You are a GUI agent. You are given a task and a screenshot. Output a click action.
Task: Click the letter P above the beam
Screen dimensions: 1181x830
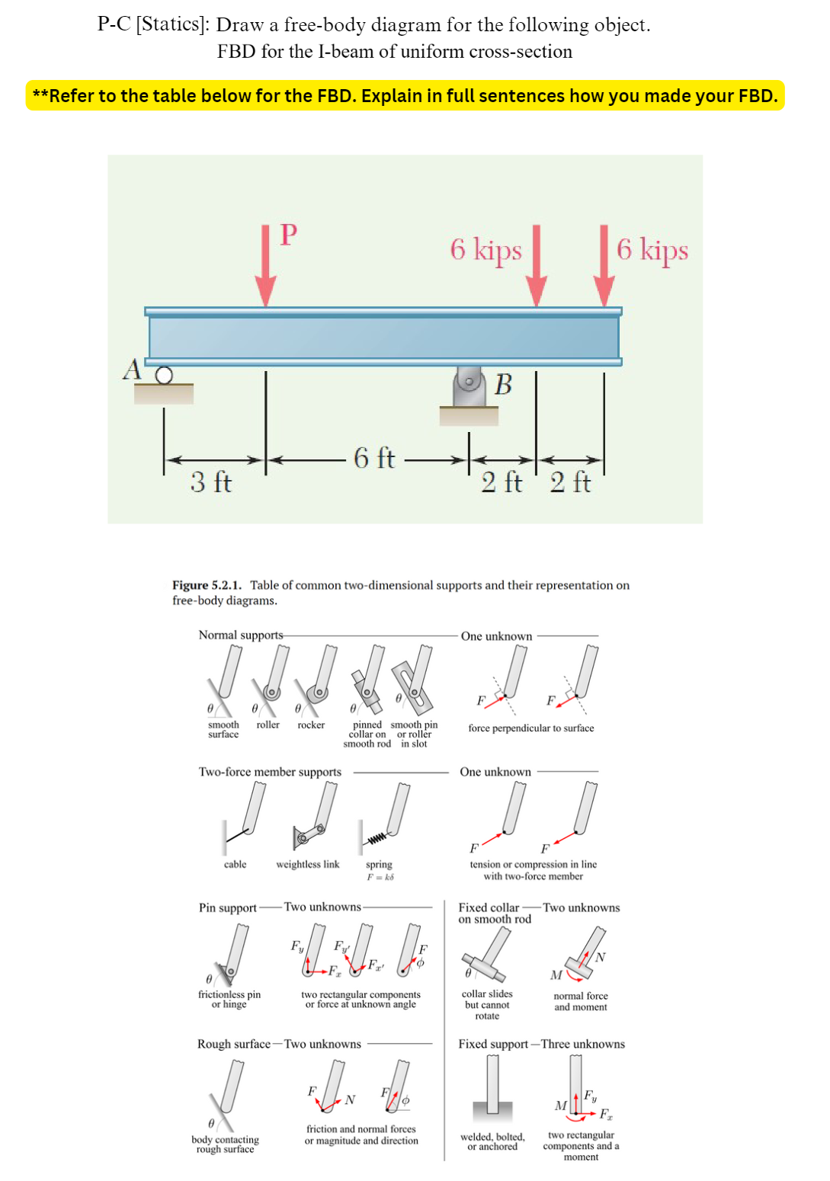click(x=288, y=235)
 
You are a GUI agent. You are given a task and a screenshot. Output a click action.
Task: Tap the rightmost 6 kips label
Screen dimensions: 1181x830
click(x=652, y=249)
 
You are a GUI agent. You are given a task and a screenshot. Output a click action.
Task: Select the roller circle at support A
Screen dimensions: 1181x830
click(x=164, y=375)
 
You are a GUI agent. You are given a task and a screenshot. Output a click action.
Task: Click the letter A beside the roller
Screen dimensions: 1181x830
click(x=133, y=370)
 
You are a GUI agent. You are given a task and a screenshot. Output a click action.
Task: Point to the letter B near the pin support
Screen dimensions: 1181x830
click(x=503, y=385)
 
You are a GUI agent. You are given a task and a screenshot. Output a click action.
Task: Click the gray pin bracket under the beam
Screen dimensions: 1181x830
click(x=469, y=387)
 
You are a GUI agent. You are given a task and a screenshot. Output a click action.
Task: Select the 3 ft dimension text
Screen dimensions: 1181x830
click(x=211, y=482)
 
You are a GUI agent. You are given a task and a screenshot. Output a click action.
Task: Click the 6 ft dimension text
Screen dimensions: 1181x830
click(x=374, y=458)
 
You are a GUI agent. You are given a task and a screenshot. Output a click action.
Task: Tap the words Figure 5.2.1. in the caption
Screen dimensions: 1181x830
click(x=207, y=585)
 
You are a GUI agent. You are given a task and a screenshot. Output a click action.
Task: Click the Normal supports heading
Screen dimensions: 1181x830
click(x=240, y=635)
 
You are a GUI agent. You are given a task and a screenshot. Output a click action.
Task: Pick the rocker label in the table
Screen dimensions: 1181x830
click(x=311, y=725)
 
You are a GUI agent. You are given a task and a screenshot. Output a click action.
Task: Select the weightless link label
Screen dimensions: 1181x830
click(x=307, y=864)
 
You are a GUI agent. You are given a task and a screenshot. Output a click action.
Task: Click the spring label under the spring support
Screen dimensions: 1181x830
click(x=379, y=864)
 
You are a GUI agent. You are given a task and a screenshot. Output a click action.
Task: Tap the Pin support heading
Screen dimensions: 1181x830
click(x=227, y=907)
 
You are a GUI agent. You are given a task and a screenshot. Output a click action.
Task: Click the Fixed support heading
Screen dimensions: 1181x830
click(x=493, y=1044)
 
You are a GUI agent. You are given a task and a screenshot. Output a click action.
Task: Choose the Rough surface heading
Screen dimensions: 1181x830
click(x=233, y=1044)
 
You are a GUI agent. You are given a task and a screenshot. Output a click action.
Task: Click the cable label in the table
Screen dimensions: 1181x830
click(x=235, y=864)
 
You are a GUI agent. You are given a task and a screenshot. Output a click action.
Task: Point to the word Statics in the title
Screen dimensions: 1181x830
click(x=171, y=24)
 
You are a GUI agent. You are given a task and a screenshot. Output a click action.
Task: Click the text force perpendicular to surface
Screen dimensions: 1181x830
click(x=530, y=728)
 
